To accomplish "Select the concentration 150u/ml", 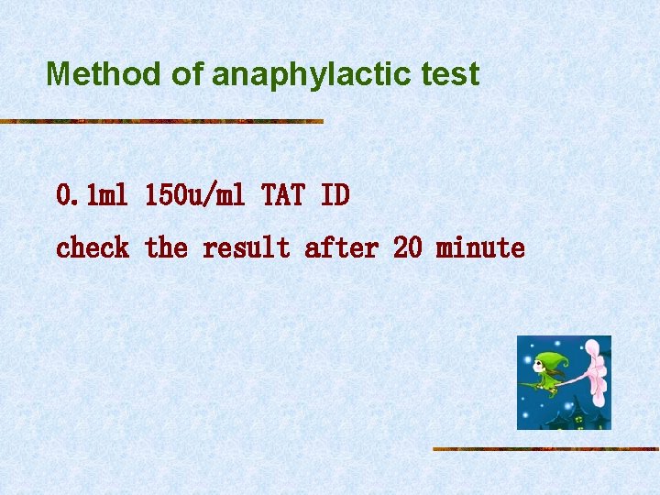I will click(x=196, y=195).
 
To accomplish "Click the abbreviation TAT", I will click(x=283, y=195).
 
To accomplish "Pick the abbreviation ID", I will click(x=335, y=195).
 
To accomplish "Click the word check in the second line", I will click(x=93, y=248).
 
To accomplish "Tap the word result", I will click(x=246, y=248).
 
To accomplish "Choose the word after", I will click(x=340, y=248).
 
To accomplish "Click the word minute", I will click(x=480, y=248).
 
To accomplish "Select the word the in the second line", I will click(x=166, y=248).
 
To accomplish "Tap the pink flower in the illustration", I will click(x=597, y=371).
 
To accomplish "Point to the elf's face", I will click(x=541, y=369).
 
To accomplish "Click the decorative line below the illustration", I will click(x=545, y=448).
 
